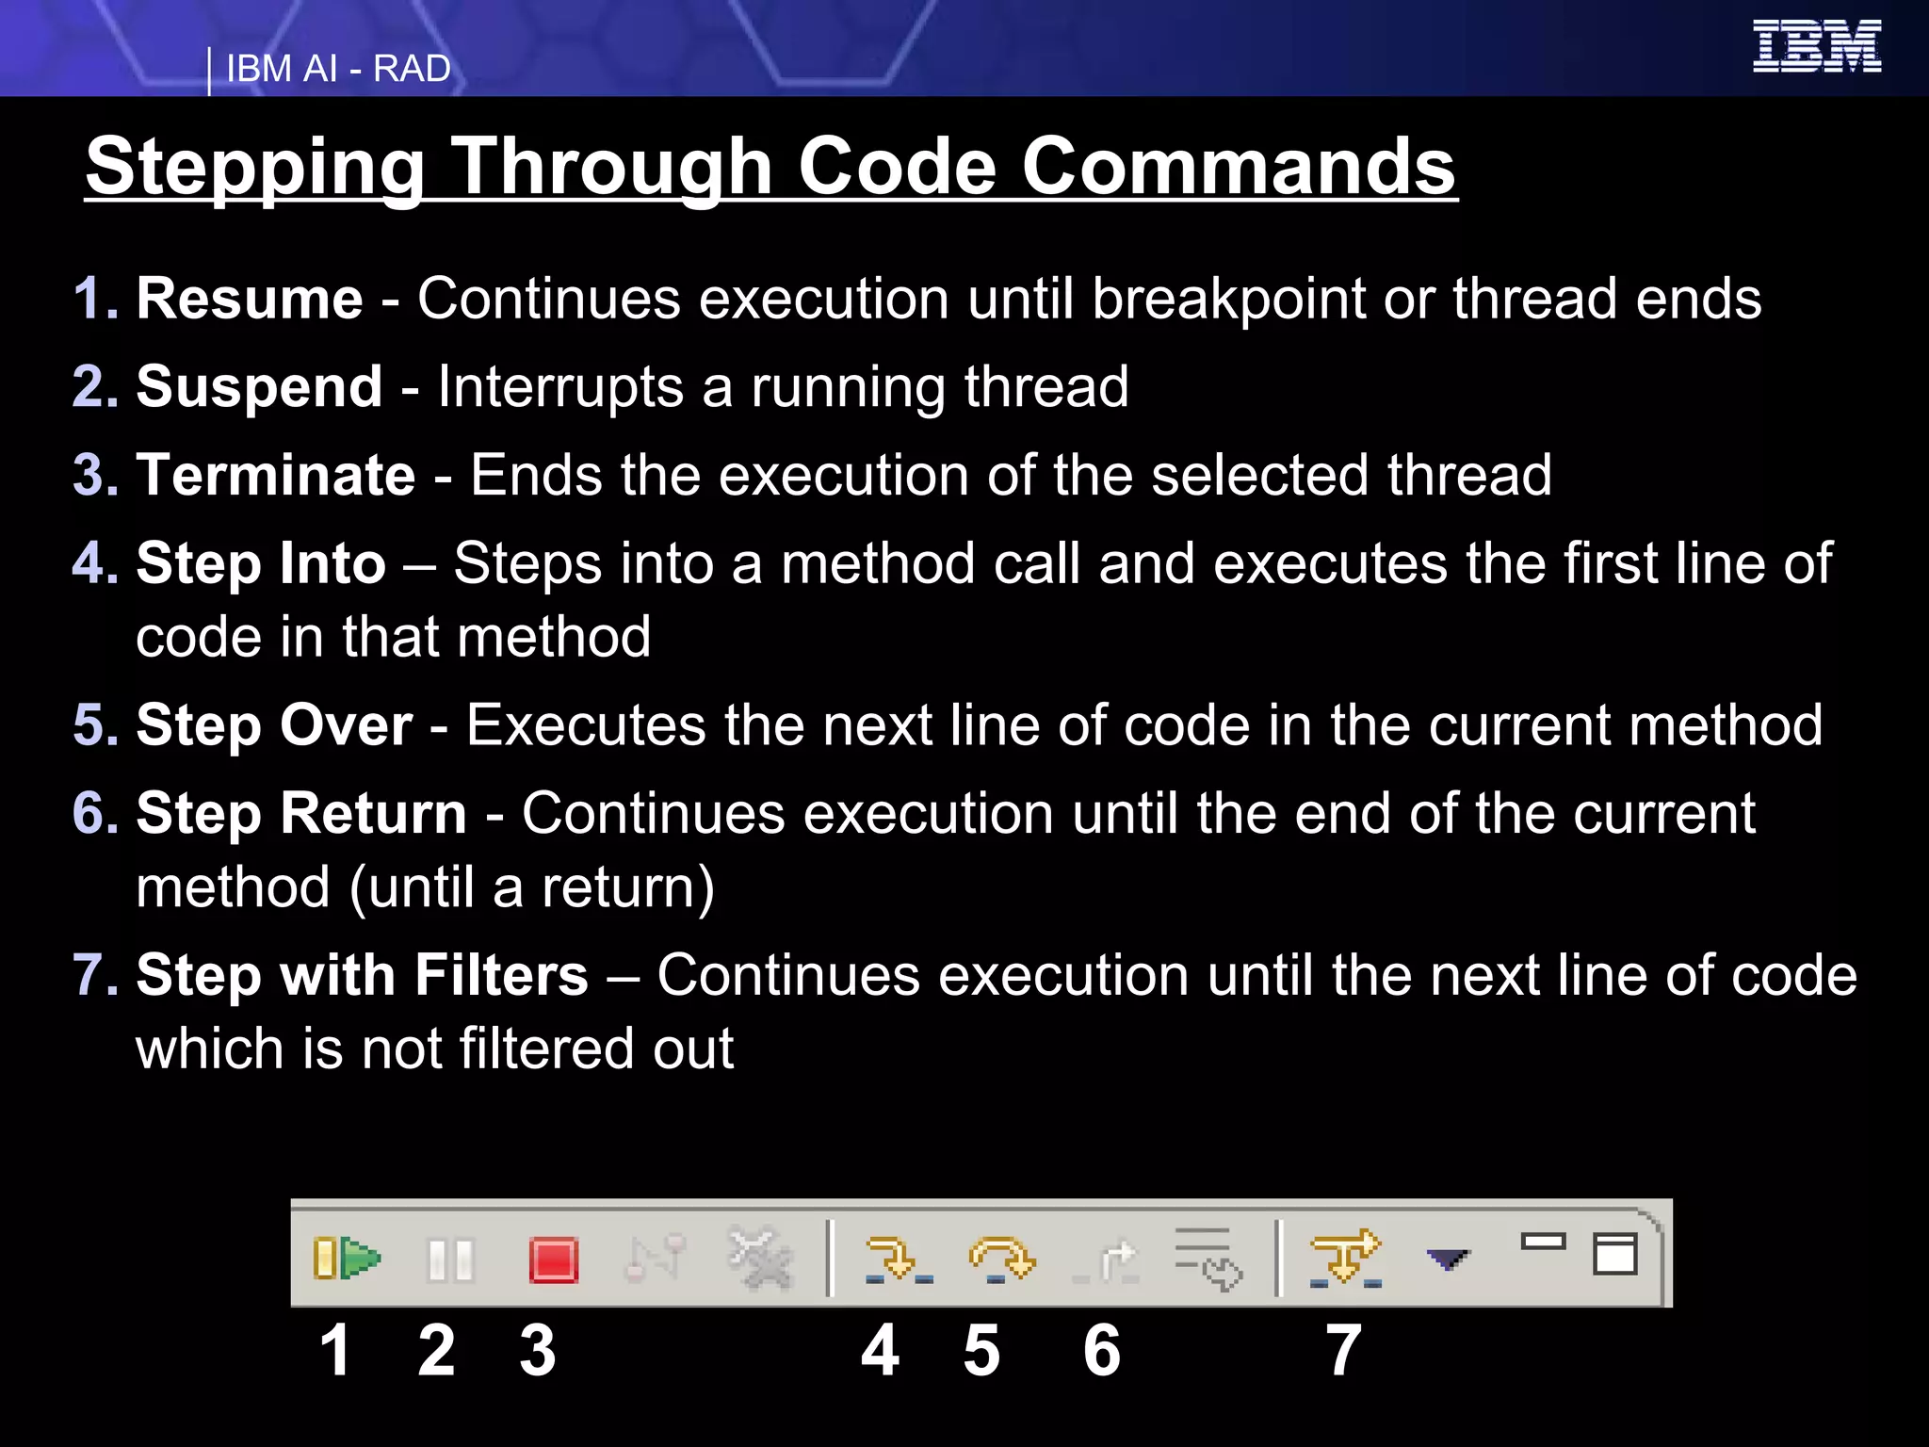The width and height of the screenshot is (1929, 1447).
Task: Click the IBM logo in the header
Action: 1816,46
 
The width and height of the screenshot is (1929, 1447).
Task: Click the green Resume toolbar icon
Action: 347,1259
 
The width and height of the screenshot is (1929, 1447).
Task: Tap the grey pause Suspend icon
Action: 450,1260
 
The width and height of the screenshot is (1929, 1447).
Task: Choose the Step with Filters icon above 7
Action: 1345,1260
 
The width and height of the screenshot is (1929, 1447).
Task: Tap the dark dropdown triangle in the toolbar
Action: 1447,1260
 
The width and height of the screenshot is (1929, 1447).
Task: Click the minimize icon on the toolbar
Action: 1543,1243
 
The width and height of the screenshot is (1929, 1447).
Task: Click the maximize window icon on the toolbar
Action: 1614,1254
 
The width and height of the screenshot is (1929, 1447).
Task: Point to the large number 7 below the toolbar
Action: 1343,1350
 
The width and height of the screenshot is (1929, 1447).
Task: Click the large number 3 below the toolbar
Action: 538,1350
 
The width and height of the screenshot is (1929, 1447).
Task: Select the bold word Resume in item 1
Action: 250,299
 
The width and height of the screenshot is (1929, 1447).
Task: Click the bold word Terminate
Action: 276,475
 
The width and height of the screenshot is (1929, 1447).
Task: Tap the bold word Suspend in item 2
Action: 259,387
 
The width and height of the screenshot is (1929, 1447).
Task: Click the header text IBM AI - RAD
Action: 338,69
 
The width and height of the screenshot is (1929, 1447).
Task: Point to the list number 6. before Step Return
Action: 96,813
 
